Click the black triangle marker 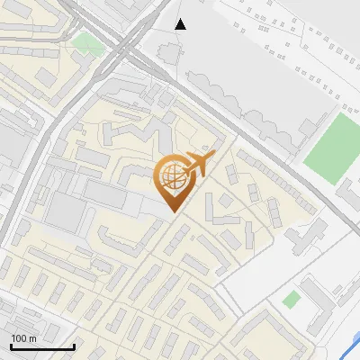tap(181, 23)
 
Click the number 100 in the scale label tap(19, 337)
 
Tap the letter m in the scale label tap(32, 337)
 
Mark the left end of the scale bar tap(11, 346)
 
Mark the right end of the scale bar tap(74, 346)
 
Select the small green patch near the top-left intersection tap(87, 42)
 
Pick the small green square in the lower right tap(292, 299)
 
